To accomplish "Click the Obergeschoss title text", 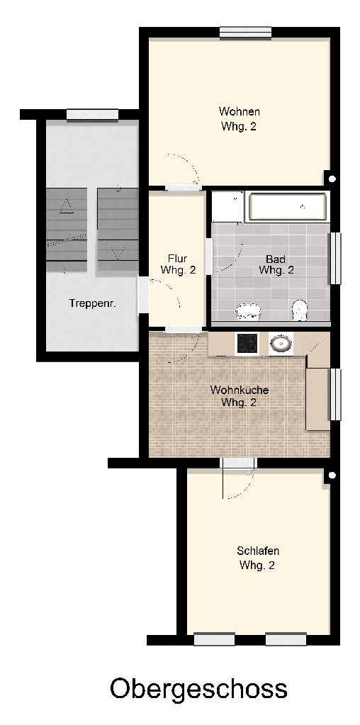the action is pyautogui.click(x=198, y=689).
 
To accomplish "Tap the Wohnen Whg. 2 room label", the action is pyautogui.click(x=239, y=119).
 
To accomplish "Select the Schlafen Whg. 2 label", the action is pyautogui.click(x=257, y=558).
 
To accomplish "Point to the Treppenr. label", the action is pyautogui.click(x=92, y=303).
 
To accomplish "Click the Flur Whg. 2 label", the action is pyautogui.click(x=177, y=264).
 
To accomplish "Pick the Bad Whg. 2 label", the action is pyautogui.click(x=276, y=264).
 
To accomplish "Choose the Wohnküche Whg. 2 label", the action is pyautogui.click(x=239, y=396).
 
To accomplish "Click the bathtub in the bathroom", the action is pyautogui.click(x=288, y=207).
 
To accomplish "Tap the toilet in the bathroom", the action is pyautogui.click(x=300, y=310).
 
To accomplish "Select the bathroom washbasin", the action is pyautogui.click(x=248, y=311).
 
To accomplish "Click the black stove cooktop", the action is pyautogui.click(x=247, y=344).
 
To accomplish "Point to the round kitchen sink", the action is pyautogui.click(x=281, y=344).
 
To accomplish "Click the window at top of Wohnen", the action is pyautogui.click(x=245, y=33).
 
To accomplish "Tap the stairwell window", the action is pyautogui.click(x=92, y=115).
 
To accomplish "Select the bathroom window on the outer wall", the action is pyautogui.click(x=334, y=259).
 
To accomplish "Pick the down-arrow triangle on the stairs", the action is pyautogui.click(x=118, y=252).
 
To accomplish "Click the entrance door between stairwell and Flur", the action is pyautogui.click(x=144, y=296).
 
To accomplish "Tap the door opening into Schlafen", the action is pyautogui.click(x=238, y=463).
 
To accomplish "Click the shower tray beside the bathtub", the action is pyautogui.click(x=227, y=207).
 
